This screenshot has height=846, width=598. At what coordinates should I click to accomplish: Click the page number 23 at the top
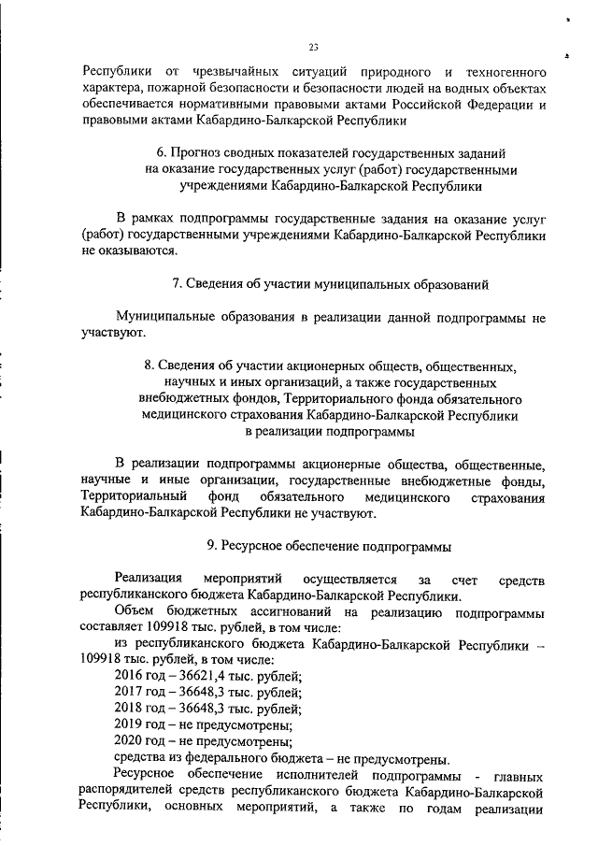point(314,49)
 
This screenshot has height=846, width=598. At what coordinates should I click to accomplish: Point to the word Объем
point(133,611)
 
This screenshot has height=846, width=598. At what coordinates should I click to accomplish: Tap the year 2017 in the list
point(129,693)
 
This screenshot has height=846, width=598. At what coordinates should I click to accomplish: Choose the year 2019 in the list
point(129,725)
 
